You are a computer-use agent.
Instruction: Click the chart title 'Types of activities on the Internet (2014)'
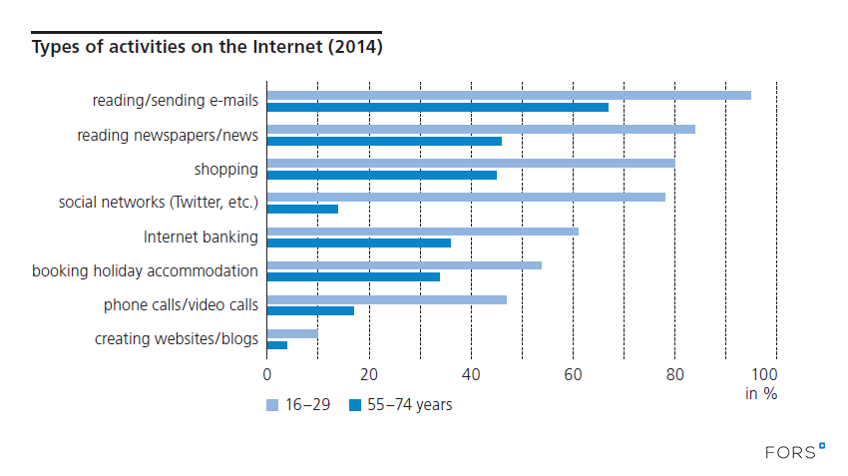tap(208, 47)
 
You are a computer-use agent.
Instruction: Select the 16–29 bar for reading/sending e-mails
tap(509, 95)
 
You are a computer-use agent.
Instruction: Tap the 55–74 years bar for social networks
tap(302, 209)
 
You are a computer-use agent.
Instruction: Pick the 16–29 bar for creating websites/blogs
tap(292, 333)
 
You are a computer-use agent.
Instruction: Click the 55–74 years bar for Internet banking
tap(359, 242)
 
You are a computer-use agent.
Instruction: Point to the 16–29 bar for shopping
tap(471, 163)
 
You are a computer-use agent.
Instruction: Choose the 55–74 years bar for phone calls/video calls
tap(310, 310)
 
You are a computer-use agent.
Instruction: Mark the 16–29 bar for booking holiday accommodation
tap(404, 265)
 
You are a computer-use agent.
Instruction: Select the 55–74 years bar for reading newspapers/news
tap(384, 141)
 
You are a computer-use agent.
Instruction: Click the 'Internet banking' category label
tap(201, 238)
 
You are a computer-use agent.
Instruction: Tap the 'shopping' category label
tap(225, 170)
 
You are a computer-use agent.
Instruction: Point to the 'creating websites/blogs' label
tap(177, 339)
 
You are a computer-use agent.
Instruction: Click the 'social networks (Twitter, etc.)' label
tap(159, 204)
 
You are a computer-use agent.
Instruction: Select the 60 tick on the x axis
tap(573, 374)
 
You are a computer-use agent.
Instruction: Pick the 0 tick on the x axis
tap(267, 374)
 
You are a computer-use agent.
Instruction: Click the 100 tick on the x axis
tap(775, 374)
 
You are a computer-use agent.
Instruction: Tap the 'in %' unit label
tap(761, 393)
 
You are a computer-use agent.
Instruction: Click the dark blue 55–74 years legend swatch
tap(355, 405)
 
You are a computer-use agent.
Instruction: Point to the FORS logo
tap(795, 452)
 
